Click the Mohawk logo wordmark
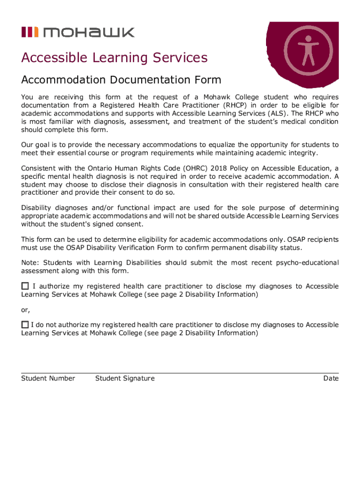[x=88, y=32]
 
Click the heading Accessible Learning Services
[x=114, y=58]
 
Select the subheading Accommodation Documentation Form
[x=121, y=80]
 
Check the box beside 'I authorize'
[x=25, y=286]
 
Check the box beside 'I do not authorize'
[x=25, y=324]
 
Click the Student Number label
[x=48, y=378]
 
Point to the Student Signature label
[x=125, y=378]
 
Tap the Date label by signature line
[x=331, y=378]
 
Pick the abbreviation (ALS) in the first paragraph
[x=277, y=113]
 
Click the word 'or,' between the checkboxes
[x=26, y=310]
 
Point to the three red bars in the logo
[x=29, y=32]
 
